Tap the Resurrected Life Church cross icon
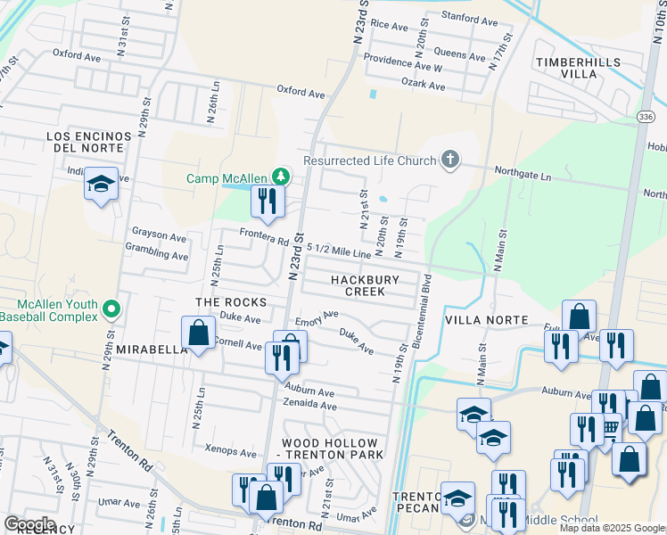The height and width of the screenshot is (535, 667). click(450, 160)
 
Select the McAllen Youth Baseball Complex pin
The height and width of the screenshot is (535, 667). click(111, 310)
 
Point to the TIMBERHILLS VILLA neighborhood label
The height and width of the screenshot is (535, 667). click(577, 69)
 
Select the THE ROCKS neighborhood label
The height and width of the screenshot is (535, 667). click(218, 302)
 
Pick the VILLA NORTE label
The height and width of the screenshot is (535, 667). click(487, 320)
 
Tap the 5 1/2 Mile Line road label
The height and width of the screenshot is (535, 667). click(338, 251)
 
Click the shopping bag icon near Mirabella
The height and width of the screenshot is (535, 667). click(198, 333)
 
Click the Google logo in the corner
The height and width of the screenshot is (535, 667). click(29, 524)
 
